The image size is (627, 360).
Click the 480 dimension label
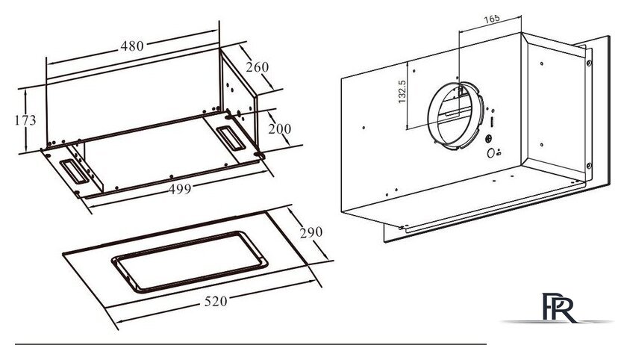coord(132,46)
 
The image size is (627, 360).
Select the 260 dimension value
coord(257,66)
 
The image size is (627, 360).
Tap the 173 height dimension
coord(25,120)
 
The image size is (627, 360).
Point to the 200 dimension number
coord(279,128)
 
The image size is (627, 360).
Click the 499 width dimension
coord(180,189)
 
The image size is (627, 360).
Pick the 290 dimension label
coord(311,232)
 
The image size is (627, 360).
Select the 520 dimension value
coord(216,301)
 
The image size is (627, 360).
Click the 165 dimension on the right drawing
coord(491,19)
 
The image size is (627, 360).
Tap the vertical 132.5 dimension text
coord(402,92)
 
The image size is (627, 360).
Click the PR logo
coord(558,308)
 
